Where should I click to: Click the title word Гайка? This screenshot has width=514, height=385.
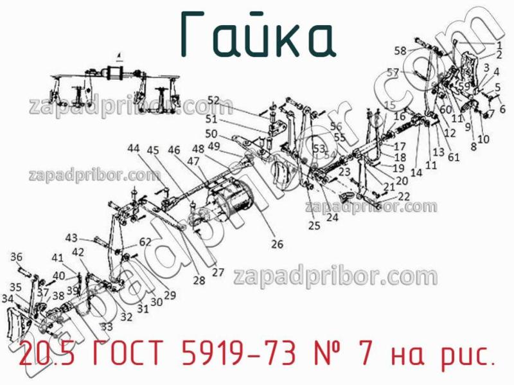click(257, 33)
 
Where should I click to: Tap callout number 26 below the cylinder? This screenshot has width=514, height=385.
click(277, 244)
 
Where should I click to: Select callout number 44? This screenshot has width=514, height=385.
click(133, 148)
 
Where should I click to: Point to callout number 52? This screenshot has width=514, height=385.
click(213, 100)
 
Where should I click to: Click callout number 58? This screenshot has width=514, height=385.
click(400, 51)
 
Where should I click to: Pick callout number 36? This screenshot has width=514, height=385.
click(17, 257)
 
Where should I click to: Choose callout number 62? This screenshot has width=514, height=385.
click(145, 242)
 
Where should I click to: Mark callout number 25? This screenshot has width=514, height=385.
click(314, 226)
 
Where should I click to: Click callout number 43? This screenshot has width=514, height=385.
click(71, 237)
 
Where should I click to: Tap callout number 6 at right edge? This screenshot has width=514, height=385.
click(502, 109)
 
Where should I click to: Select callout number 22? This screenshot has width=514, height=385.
click(403, 196)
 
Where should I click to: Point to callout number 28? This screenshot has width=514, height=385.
click(199, 280)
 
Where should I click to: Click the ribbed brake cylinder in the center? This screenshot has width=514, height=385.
click(229, 205)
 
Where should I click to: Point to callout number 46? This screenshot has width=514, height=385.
click(174, 150)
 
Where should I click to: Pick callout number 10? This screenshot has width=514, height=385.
click(484, 139)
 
